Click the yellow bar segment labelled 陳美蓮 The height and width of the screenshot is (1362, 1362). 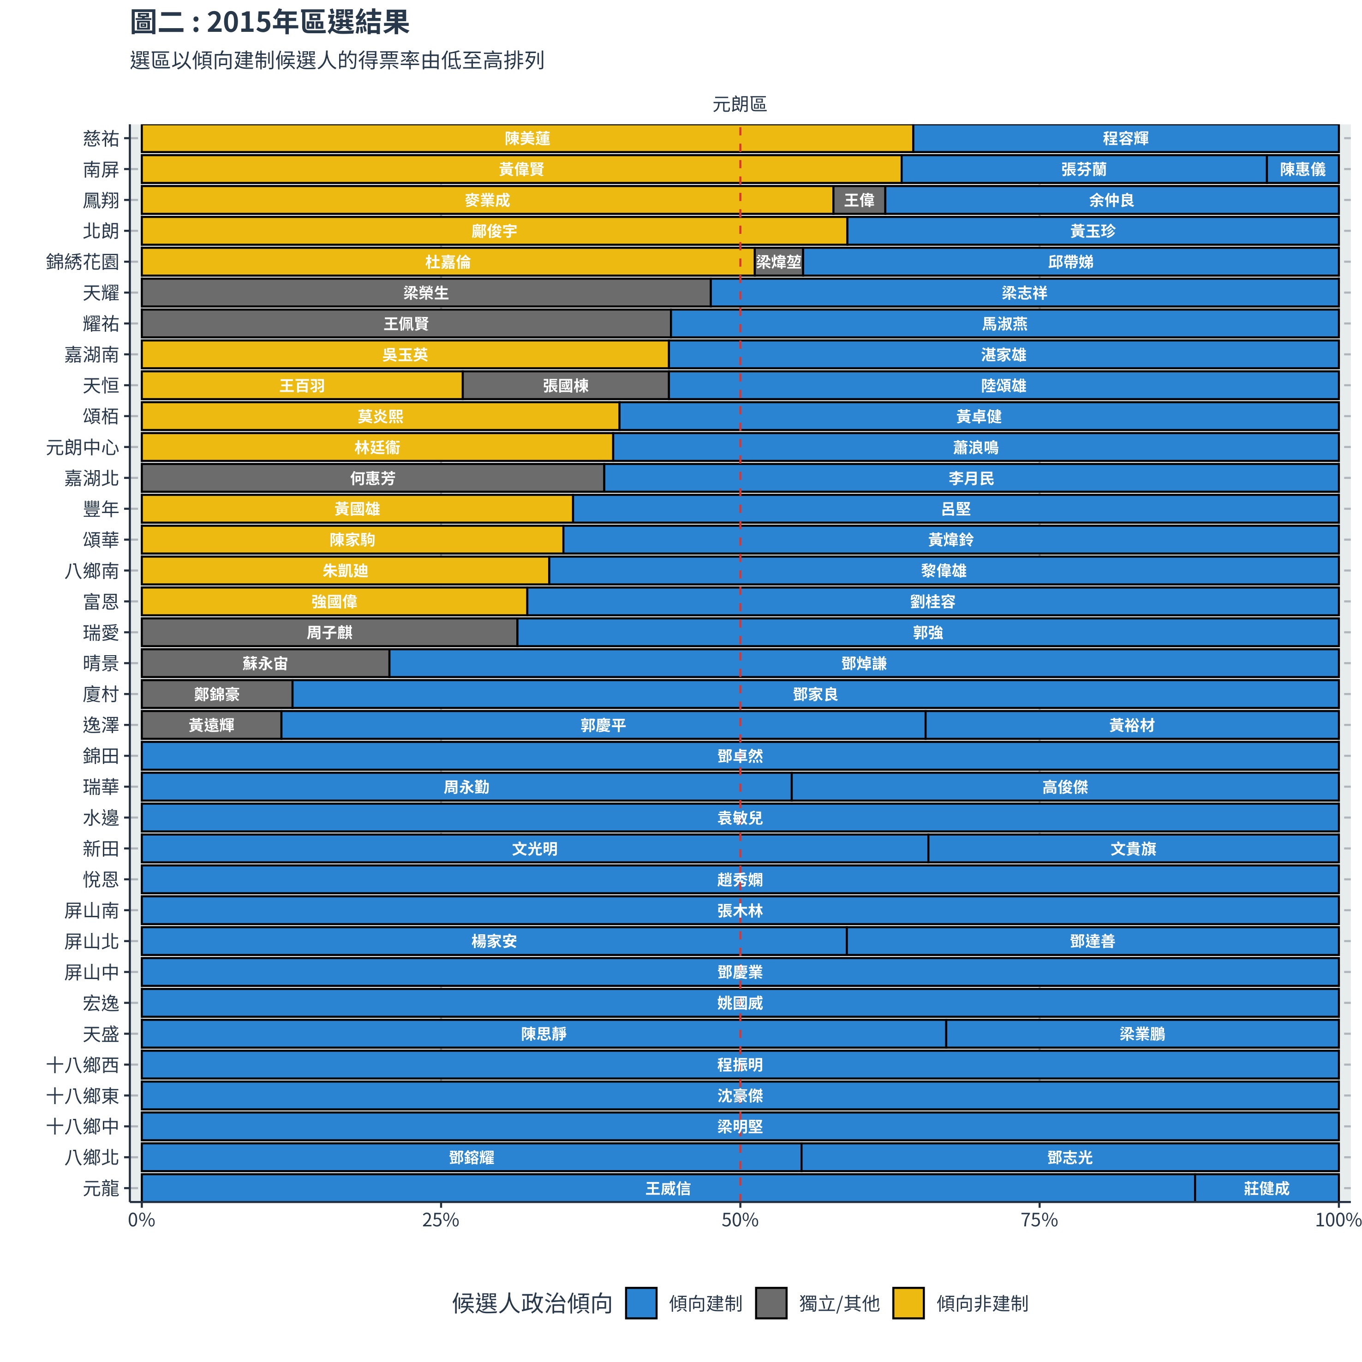click(527, 138)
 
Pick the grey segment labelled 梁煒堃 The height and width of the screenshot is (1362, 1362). click(778, 262)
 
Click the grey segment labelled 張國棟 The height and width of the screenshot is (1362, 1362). click(565, 386)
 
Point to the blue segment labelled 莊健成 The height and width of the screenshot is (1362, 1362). click(1266, 1189)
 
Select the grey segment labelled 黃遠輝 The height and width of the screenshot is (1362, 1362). click(211, 725)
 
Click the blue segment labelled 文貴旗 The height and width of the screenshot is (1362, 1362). click(1133, 849)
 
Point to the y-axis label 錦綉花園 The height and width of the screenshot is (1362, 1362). click(83, 262)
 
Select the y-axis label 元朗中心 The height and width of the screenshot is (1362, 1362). click(83, 448)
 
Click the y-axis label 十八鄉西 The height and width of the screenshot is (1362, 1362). click(83, 1065)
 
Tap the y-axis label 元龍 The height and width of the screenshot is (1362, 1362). click(101, 1189)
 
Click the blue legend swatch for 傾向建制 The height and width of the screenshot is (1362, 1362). click(641, 1303)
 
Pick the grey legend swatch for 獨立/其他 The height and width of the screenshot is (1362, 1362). click(771, 1303)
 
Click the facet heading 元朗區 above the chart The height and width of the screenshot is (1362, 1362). click(740, 104)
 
